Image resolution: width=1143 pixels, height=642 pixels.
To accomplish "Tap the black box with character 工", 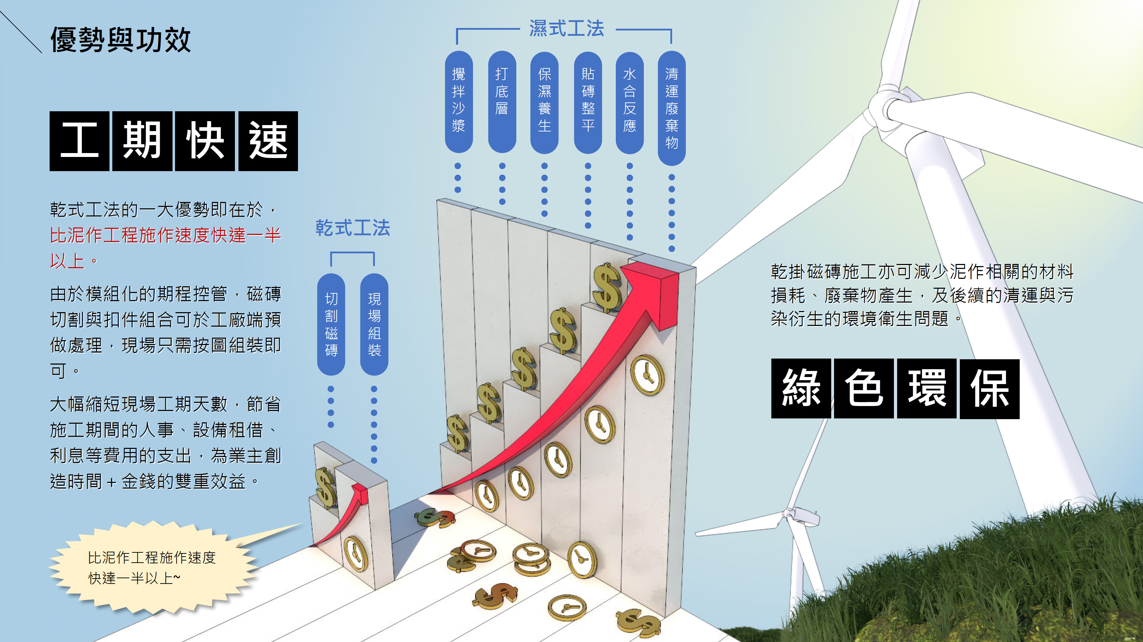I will (x=79, y=141).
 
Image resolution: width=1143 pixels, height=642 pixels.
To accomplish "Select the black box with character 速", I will (x=268, y=141).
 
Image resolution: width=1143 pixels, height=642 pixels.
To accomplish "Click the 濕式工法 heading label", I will (x=567, y=29).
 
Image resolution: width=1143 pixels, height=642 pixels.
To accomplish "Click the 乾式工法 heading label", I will (x=353, y=228).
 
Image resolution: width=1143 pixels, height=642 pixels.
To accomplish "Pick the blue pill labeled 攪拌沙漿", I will (x=458, y=102).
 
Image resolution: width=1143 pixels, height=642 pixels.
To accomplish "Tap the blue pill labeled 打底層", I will (x=502, y=102).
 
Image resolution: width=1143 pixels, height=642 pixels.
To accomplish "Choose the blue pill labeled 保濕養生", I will (x=545, y=102).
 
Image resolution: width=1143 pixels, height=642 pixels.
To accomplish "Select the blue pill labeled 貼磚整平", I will (x=588, y=102).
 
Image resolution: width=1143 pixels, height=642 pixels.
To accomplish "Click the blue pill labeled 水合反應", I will (x=630, y=102).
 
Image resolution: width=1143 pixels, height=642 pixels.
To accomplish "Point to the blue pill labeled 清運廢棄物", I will (x=672, y=108).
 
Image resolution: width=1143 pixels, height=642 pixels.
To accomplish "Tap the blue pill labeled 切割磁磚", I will (x=331, y=324).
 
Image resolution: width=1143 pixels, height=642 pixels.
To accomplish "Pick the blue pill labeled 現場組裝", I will (x=374, y=324).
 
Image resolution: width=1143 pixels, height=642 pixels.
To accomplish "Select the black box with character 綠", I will (x=801, y=389).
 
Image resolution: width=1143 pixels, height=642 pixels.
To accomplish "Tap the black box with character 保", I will (x=990, y=389).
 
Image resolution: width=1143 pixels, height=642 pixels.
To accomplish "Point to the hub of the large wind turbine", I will (x=885, y=109).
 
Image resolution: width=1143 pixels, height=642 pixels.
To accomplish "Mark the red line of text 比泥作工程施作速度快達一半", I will (x=165, y=235).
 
